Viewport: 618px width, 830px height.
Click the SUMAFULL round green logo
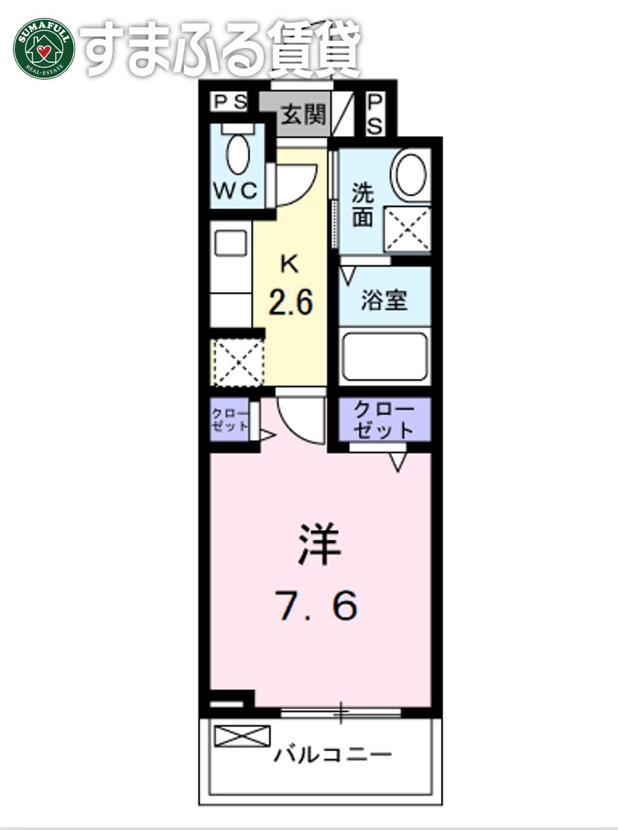[x=44, y=49]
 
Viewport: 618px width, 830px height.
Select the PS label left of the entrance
[x=231, y=102]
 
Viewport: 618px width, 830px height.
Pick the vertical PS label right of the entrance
[x=375, y=114]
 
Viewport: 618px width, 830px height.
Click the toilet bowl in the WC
[x=238, y=154]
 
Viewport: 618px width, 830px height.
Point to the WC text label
[x=236, y=191]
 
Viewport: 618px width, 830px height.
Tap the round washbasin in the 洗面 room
[x=411, y=175]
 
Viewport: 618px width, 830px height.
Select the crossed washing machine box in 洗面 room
[x=407, y=229]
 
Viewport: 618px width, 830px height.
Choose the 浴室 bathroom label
[x=385, y=300]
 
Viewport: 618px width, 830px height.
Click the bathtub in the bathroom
[x=385, y=357]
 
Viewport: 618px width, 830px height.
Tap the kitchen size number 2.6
[x=291, y=303]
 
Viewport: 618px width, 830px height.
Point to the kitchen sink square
[x=231, y=243]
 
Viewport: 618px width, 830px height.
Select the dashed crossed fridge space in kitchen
[x=238, y=363]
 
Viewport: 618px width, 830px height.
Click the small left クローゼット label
[x=229, y=420]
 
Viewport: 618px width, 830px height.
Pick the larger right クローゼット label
[x=384, y=420]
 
